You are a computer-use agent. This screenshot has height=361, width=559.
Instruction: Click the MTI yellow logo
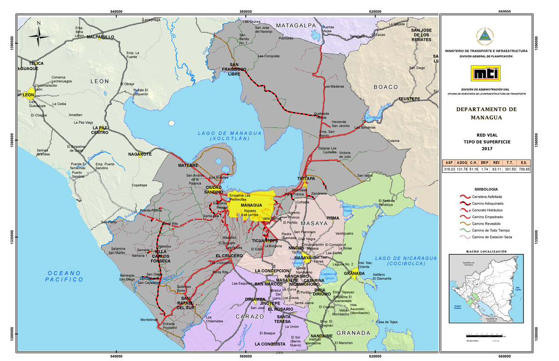[486, 74]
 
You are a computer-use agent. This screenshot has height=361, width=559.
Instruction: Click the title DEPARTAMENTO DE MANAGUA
[486, 113]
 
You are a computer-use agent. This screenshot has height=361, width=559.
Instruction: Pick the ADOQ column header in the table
[462, 162]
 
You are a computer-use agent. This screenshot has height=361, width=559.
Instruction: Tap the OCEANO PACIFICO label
[64, 276]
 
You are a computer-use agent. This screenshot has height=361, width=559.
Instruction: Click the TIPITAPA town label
[307, 179]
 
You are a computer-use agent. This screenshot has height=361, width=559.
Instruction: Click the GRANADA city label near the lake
[354, 274]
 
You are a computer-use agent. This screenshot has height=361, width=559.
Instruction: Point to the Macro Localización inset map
[486, 288]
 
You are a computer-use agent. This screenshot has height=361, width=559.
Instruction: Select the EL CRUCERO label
[229, 256]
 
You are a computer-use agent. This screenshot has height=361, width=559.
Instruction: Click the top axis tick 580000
[245, 12]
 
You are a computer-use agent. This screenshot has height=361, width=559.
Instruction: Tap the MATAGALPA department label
[295, 25]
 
